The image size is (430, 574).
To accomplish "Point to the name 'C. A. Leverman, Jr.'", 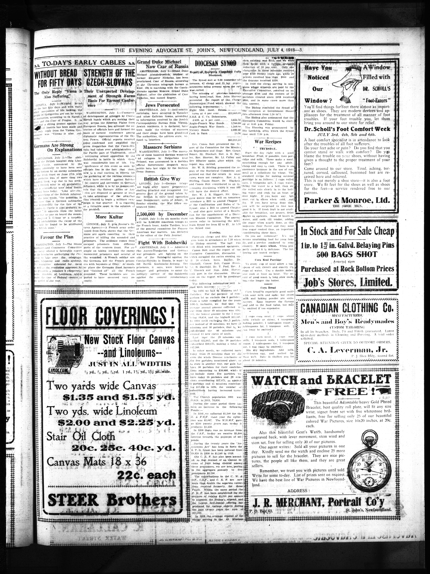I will (x=345, y=350).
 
